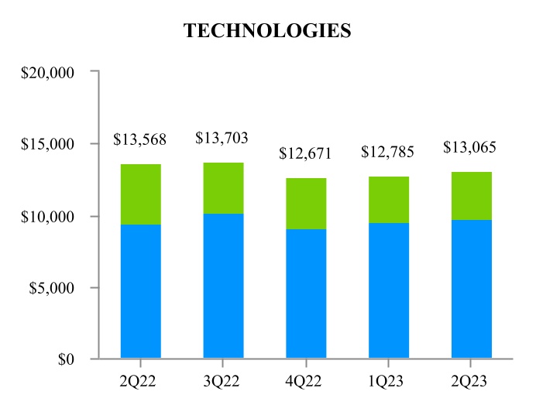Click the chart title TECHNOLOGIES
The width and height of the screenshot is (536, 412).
267,31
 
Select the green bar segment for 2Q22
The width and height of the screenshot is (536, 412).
141,194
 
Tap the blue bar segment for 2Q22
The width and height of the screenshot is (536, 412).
141,291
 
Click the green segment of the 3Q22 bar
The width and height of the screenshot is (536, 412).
223,188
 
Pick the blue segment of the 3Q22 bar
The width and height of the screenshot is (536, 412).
223,286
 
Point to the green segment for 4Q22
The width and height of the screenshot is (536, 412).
306,204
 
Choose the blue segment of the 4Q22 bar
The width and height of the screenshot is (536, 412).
306,294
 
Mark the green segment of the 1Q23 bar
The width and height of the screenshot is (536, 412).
389,200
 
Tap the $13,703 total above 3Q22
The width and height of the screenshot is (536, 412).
222,139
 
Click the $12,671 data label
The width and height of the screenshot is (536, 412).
305,154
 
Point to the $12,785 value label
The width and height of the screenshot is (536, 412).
388,153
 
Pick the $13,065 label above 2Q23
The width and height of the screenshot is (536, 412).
470,148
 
